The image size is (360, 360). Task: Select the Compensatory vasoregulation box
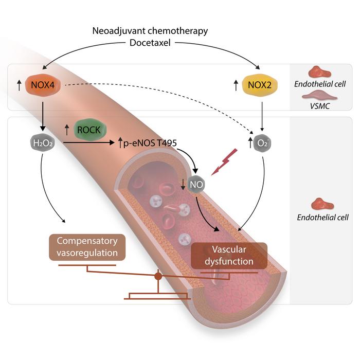(87, 247)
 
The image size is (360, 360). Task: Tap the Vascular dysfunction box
(229, 255)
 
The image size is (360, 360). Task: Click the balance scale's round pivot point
(158, 277)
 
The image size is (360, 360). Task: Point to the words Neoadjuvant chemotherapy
(151, 31)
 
